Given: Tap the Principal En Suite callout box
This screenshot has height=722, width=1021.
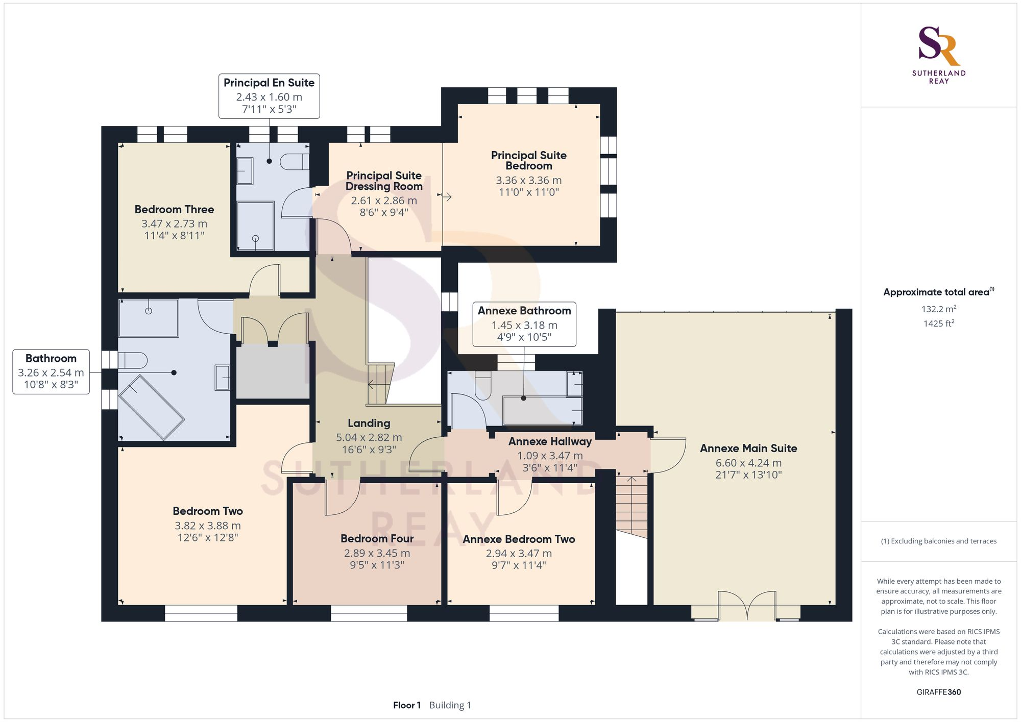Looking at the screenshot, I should click(x=269, y=96).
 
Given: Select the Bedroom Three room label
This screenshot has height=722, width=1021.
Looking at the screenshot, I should click(x=174, y=209).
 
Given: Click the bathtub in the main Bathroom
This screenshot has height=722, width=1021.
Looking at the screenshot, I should click(x=152, y=407).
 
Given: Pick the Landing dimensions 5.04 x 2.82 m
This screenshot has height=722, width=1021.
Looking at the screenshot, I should click(x=369, y=437).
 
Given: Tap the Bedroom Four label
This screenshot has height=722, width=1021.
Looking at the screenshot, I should click(x=377, y=538).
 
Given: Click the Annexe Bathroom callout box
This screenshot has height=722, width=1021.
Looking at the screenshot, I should click(x=524, y=324).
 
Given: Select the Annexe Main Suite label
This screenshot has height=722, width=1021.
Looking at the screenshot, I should click(x=748, y=448).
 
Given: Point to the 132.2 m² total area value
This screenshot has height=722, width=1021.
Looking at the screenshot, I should click(x=938, y=309).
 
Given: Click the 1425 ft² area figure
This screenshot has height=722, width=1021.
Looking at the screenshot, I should click(x=938, y=323).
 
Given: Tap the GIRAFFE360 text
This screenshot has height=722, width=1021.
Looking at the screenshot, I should click(x=938, y=692).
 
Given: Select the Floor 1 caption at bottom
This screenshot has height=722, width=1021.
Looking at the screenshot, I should click(x=406, y=705).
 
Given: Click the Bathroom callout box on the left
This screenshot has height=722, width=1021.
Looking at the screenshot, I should click(x=51, y=371).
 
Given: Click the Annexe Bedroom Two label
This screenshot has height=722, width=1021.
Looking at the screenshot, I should click(x=519, y=539).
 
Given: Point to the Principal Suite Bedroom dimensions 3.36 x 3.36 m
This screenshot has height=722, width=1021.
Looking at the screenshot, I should click(x=528, y=180).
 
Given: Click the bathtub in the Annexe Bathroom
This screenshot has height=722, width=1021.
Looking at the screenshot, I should click(x=541, y=411).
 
